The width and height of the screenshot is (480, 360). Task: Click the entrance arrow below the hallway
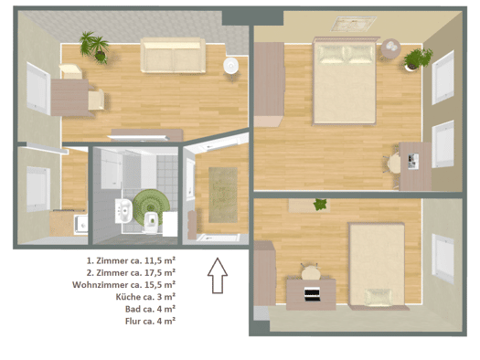click(x=218, y=275)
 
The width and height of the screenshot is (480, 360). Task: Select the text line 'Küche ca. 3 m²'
click(x=145, y=297)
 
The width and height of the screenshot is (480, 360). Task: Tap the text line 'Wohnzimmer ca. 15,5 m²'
click(x=124, y=285)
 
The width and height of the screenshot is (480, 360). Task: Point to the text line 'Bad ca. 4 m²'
click(x=150, y=309)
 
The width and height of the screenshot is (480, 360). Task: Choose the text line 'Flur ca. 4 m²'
click(x=150, y=321)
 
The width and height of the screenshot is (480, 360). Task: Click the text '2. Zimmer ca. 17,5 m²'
click(x=131, y=272)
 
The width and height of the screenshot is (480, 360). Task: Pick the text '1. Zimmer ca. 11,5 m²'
click(x=131, y=260)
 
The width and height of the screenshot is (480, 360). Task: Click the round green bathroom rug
click(x=151, y=204)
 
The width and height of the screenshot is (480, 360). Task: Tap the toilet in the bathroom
click(x=151, y=222)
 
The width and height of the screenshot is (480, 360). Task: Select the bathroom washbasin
click(x=123, y=211)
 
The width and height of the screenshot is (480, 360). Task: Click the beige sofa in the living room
click(x=173, y=56)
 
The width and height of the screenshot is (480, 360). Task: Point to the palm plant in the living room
click(x=94, y=48)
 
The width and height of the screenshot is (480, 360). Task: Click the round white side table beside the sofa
click(x=230, y=66)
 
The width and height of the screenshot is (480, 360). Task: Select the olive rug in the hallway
click(x=223, y=195)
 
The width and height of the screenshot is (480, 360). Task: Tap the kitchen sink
click(x=80, y=225)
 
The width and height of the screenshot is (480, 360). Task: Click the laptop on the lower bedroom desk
click(x=312, y=294)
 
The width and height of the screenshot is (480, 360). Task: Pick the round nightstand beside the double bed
click(x=391, y=48)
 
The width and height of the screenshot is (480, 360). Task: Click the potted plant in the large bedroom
click(x=418, y=59)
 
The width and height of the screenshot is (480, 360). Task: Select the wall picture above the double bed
click(x=354, y=24)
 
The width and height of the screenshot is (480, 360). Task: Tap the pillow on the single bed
click(x=379, y=297)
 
